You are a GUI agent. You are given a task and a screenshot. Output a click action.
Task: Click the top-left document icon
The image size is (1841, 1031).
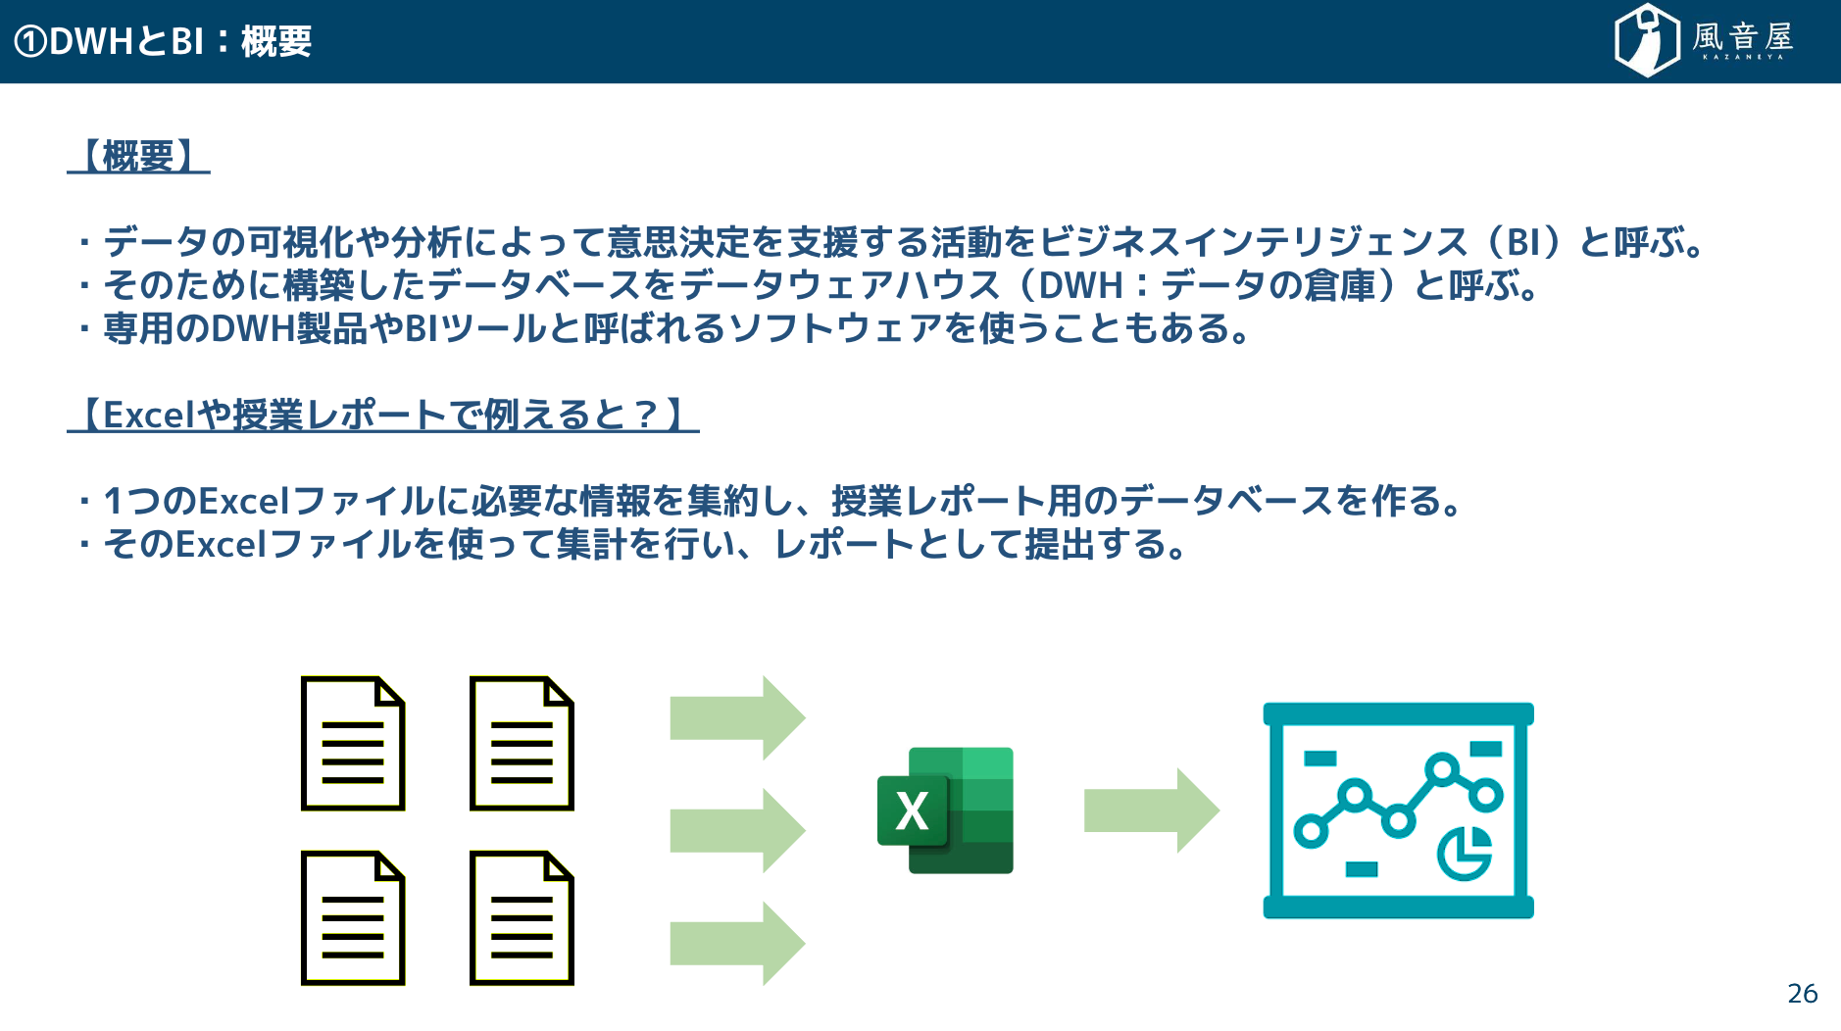coord(353,743)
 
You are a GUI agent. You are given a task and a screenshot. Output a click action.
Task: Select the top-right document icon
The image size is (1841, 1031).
coord(522,743)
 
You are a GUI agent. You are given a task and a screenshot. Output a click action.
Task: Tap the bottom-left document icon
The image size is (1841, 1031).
coord(353,917)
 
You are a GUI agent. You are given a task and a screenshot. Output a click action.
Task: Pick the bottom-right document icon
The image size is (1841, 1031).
coord(522,917)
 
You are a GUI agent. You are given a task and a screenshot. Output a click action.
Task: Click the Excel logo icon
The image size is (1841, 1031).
coord(945,810)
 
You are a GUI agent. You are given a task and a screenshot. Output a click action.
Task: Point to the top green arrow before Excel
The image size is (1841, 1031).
coord(737,717)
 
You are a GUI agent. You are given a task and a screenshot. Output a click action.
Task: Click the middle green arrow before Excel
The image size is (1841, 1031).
coord(737,830)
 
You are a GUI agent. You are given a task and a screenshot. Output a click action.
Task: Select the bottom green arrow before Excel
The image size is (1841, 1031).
coord(737,943)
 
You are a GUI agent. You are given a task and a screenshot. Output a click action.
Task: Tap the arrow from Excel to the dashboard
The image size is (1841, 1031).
coord(1152,810)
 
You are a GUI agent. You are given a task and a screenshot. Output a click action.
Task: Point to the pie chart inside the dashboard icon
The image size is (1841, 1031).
coord(1465,853)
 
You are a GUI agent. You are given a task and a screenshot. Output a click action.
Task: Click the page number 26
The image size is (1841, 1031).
coord(1802,994)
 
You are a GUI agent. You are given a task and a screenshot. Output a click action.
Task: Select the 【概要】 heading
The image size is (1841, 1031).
coord(138,156)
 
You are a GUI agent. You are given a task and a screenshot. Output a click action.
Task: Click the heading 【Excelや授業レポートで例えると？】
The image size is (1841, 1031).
coord(382,415)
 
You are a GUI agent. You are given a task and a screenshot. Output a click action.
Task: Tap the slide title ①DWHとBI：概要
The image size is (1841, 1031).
coord(163,41)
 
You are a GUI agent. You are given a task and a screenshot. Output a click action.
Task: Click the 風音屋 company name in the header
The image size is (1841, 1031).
coord(1743,38)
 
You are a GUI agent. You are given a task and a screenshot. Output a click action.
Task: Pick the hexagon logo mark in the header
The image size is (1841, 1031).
coord(1647,40)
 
